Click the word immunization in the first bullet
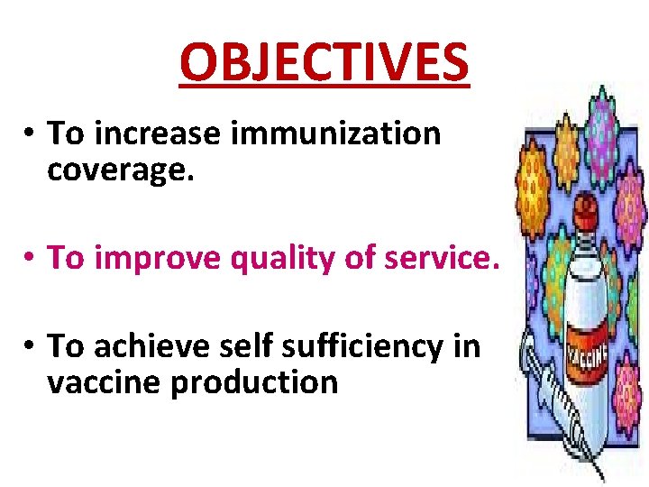pos(336,133)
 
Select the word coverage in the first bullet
pos(120,169)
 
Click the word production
pos(254,382)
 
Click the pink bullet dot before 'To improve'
pos(30,259)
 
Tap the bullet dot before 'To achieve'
pos(30,346)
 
